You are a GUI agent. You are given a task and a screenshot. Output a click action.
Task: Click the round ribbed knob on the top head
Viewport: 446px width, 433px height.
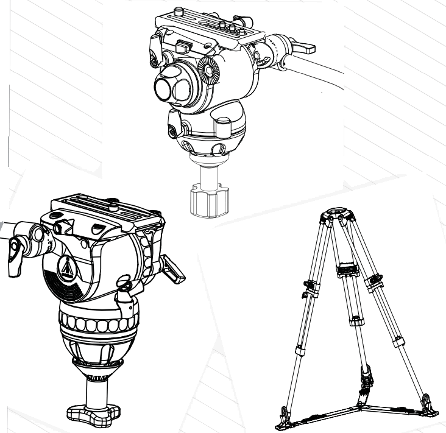point(211,72)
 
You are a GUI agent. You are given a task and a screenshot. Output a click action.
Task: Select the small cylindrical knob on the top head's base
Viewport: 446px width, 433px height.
point(175,130)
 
